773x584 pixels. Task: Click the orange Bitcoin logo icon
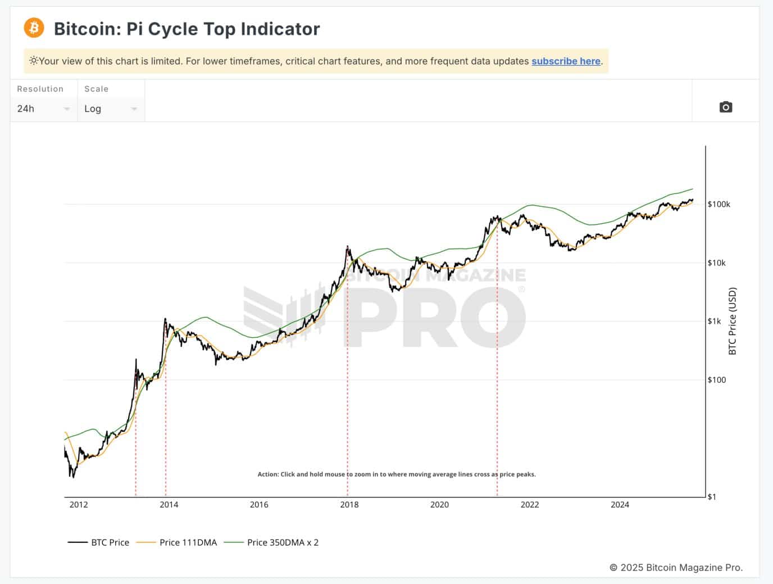point(34,28)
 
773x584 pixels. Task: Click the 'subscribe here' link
point(566,61)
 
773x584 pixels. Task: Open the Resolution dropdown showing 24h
point(43,108)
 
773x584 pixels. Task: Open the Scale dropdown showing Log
point(111,108)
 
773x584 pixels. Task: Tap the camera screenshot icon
point(725,107)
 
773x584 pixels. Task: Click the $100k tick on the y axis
point(719,205)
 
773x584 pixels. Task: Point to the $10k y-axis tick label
point(717,263)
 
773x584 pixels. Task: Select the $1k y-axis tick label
point(715,322)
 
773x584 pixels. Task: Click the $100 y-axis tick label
point(717,380)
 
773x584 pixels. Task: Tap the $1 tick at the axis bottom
point(712,497)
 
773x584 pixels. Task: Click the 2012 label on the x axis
point(79,505)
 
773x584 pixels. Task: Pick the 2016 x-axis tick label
point(259,505)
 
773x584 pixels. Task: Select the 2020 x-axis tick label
point(439,505)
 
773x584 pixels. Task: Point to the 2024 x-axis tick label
point(620,505)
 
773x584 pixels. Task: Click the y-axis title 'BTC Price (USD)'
point(732,321)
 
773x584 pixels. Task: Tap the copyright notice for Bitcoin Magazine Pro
point(676,568)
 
